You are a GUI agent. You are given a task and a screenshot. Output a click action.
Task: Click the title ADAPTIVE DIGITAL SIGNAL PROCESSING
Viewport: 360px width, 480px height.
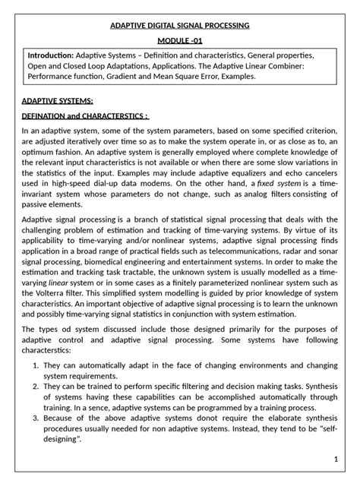[x=180, y=26]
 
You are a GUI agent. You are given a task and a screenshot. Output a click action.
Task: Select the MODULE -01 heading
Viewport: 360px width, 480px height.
[x=180, y=41]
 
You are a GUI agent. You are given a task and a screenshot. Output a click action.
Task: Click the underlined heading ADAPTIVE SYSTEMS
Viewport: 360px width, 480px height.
[x=58, y=100]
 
